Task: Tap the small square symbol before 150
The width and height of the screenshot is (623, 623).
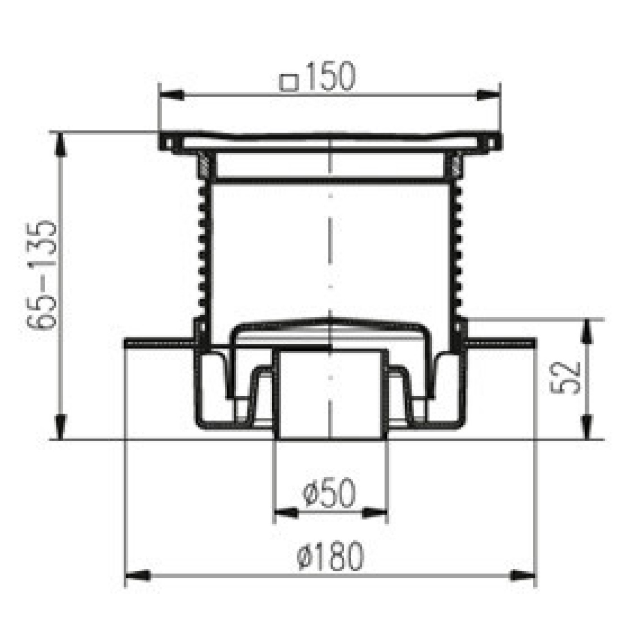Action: coord(288,83)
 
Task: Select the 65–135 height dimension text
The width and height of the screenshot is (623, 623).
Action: coord(41,275)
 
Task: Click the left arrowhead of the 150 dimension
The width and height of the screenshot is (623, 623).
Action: coord(172,95)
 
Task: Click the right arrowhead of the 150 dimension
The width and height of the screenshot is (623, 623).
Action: coord(488,95)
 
